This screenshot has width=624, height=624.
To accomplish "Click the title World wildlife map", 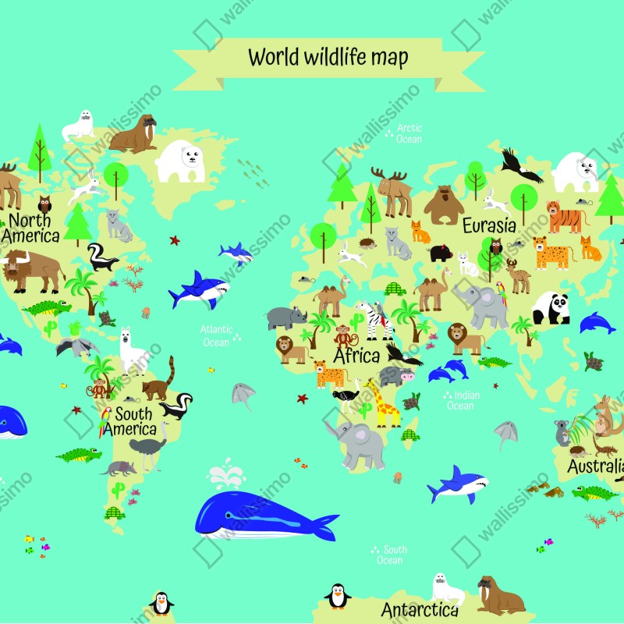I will tap(328, 57).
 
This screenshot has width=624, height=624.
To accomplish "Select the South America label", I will tap(129, 422).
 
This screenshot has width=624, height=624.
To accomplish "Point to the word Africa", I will tap(356, 356).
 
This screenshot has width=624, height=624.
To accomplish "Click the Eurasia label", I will tap(489, 226).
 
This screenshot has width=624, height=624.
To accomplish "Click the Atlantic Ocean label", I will tap(216, 336).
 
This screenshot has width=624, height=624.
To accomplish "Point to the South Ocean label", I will tap(390, 555).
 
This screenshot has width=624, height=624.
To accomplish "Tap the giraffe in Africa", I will tap(386, 403).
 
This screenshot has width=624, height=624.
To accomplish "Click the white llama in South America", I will tap(132, 351).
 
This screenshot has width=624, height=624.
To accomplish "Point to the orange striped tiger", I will tap(567, 216).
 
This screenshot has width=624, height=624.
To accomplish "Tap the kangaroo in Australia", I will tap(605, 417).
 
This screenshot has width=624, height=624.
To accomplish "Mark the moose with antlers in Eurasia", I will tap(394, 191).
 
